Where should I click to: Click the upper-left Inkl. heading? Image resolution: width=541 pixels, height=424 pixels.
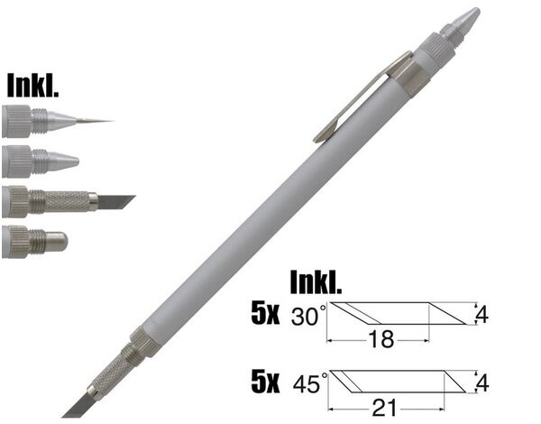(32, 85)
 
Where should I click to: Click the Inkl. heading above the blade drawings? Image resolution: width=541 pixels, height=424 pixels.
(316, 281)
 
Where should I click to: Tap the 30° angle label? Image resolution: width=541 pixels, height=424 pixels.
(308, 316)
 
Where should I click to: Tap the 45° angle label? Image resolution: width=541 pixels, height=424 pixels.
(309, 383)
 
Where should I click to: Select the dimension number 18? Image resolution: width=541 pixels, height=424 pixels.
(381, 339)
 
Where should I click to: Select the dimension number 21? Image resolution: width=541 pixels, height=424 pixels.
(384, 408)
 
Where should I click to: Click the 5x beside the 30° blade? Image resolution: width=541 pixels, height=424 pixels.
(265, 315)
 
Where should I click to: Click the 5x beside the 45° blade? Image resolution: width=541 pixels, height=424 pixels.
(265, 383)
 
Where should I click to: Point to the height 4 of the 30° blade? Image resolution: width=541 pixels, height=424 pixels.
(482, 314)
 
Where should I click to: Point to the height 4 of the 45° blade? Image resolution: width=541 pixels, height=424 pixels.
(482, 383)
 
